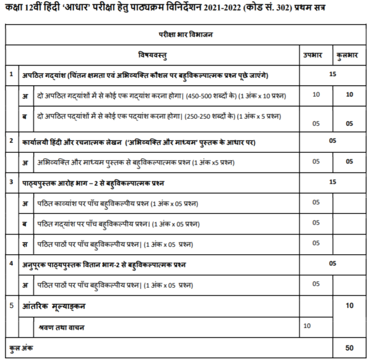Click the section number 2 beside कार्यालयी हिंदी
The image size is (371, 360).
(x=12, y=142)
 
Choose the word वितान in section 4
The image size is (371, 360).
(x=108, y=264)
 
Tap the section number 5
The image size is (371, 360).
(x=12, y=306)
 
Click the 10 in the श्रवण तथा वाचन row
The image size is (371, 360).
(x=307, y=325)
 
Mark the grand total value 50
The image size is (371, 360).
(x=349, y=348)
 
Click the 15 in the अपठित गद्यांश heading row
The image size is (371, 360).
(x=333, y=74)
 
